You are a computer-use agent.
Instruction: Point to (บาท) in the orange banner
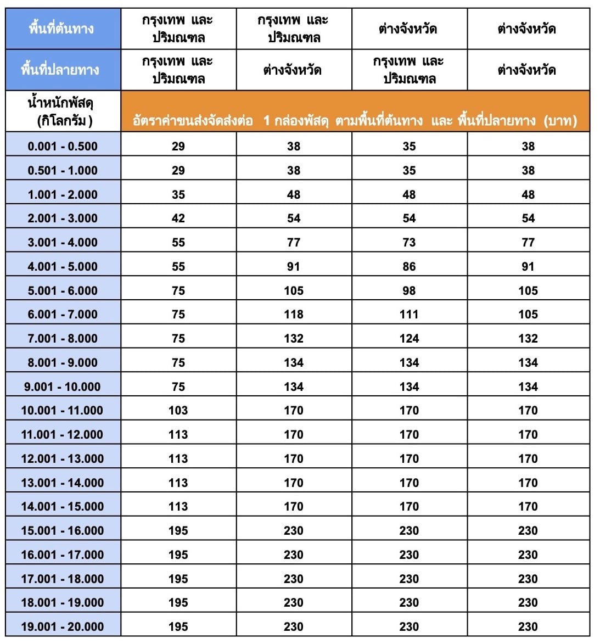(x=560, y=121)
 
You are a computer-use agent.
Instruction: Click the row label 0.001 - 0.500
(x=63, y=146)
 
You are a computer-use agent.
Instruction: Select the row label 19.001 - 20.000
(x=63, y=626)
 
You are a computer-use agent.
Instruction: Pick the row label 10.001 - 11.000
(x=63, y=410)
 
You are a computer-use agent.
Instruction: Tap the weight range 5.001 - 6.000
(x=63, y=290)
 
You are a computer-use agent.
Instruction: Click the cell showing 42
(x=178, y=218)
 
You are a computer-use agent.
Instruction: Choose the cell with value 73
(x=409, y=242)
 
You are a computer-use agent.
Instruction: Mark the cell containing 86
(x=409, y=266)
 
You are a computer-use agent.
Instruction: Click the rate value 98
(x=409, y=290)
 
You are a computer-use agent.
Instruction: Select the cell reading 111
(x=409, y=314)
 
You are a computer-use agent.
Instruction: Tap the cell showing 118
(x=294, y=314)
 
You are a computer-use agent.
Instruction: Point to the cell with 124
(x=409, y=338)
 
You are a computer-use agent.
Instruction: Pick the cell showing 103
(x=178, y=410)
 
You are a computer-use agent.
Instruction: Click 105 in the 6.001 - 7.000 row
(x=528, y=314)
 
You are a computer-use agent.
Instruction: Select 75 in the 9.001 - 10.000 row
(x=178, y=387)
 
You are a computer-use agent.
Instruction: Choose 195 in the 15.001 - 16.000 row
(x=178, y=530)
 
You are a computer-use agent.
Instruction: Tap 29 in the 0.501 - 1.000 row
(x=178, y=170)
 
